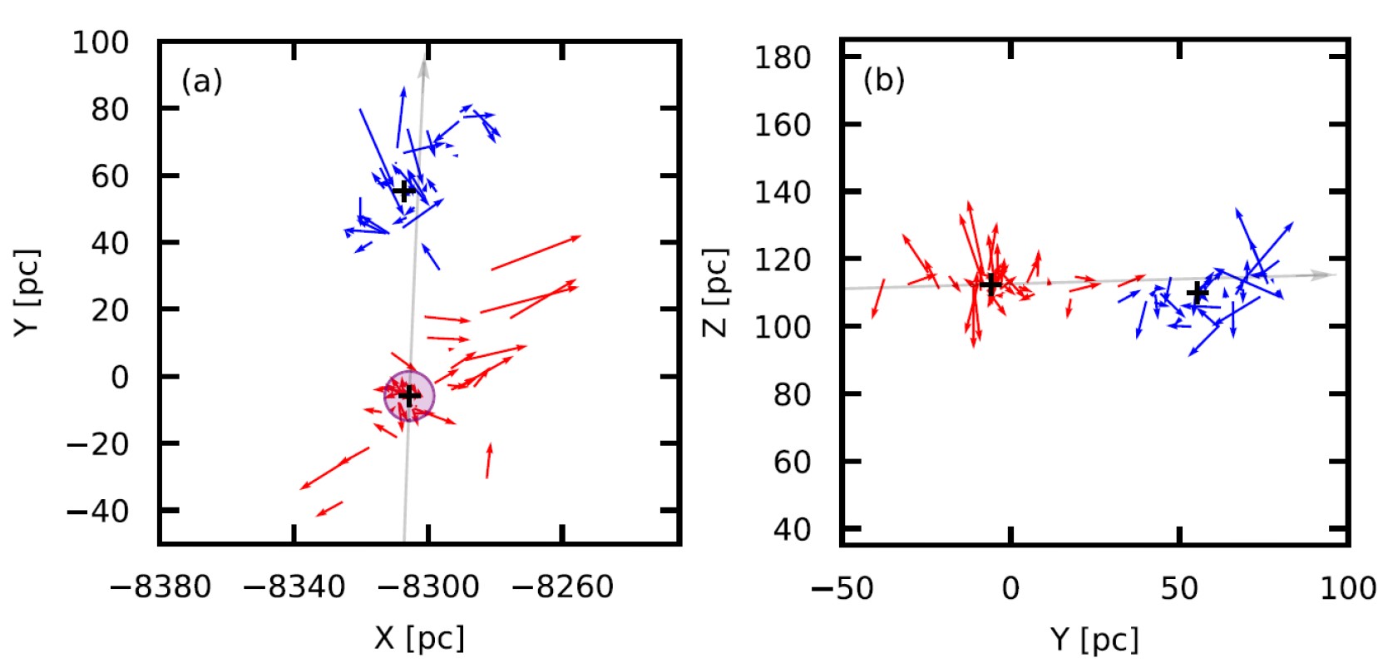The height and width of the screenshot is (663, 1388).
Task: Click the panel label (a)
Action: click(x=201, y=82)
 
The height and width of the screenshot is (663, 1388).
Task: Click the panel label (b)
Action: click(x=884, y=80)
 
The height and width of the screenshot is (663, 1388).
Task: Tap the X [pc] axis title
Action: click(x=419, y=638)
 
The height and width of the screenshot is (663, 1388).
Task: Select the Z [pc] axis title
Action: click(x=716, y=292)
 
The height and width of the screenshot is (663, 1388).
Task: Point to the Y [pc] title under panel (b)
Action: click(x=1094, y=639)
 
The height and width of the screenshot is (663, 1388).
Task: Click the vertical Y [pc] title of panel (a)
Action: click(x=27, y=292)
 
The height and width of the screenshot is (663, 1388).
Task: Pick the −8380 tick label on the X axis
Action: click(x=161, y=587)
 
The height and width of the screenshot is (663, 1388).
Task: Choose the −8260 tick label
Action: click(x=562, y=587)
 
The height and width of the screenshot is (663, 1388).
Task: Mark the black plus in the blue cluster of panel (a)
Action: click(x=403, y=191)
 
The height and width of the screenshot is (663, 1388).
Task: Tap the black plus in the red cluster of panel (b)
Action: click(x=990, y=284)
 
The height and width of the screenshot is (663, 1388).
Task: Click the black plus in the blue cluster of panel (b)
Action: click(x=1197, y=292)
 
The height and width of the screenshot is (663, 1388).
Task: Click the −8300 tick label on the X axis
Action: click(x=428, y=587)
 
